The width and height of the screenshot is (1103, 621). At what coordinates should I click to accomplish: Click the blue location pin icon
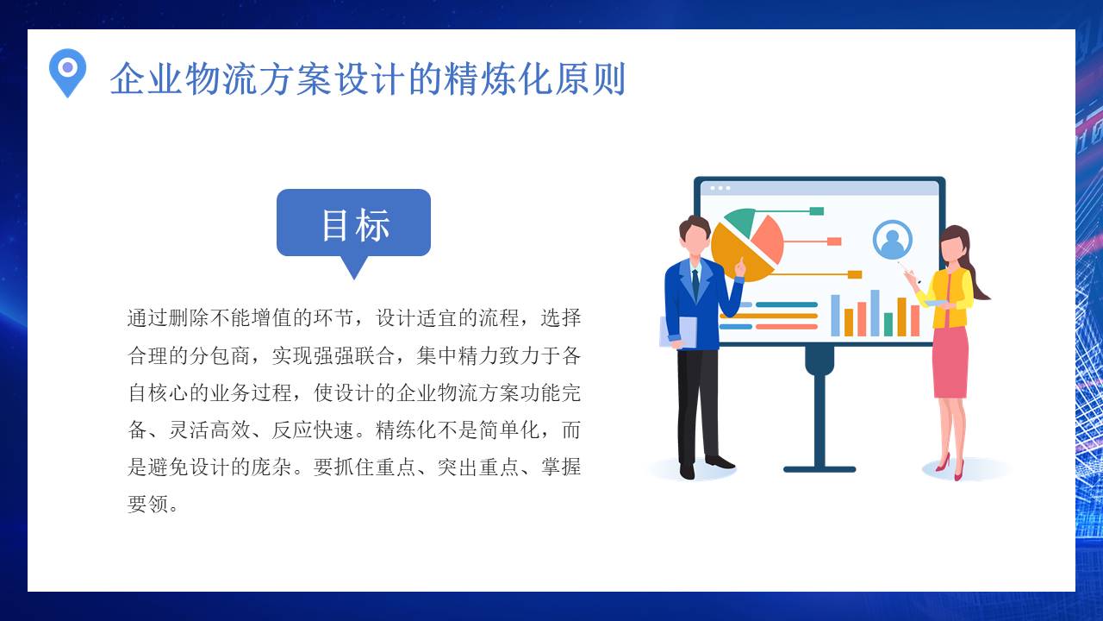(67, 70)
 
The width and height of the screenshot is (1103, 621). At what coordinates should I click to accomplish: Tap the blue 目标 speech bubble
(353, 223)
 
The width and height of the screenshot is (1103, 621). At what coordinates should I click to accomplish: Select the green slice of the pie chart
(741, 221)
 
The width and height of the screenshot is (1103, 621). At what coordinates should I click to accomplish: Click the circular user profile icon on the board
(892, 239)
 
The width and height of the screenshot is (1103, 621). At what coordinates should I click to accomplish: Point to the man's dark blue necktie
(695, 282)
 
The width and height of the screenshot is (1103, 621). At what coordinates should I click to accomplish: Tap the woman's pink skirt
(950, 362)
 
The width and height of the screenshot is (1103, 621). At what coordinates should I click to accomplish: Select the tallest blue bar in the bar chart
(875, 312)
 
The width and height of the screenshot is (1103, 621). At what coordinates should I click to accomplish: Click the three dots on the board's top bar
(720, 187)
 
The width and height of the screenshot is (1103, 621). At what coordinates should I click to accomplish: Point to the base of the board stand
(819, 469)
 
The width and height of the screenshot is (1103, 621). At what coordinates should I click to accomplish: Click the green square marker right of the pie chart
(816, 211)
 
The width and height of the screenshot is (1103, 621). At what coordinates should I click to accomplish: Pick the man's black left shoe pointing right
(720, 462)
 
